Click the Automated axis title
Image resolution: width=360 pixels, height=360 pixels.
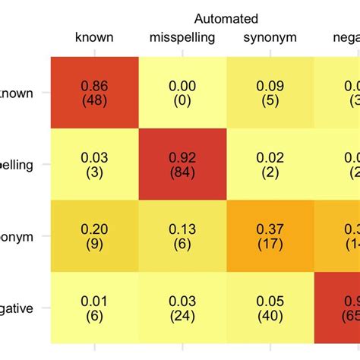(x=226, y=18)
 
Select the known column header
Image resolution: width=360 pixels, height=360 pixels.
(x=94, y=37)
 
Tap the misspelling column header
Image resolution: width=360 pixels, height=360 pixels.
(x=182, y=37)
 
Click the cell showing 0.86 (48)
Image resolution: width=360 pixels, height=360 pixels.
(x=94, y=92)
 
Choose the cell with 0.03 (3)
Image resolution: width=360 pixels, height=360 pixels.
(x=94, y=164)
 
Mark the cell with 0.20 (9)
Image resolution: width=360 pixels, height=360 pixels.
(x=94, y=236)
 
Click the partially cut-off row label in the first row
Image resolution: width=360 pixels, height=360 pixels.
(x=15, y=92)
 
